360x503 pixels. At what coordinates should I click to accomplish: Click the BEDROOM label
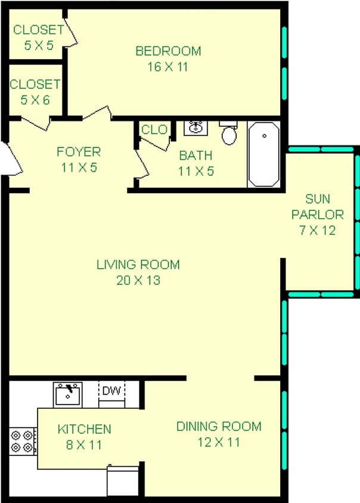click(x=168, y=51)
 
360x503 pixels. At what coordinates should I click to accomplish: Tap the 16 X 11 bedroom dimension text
click(x=168, y=67)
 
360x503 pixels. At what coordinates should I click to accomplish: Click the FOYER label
click(x=79, y=151)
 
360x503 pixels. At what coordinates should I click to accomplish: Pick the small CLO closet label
click(x=154, y=129)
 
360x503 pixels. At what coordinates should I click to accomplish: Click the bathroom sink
click(x=196, y=127)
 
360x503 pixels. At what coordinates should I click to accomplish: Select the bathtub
click(x=263, y=154)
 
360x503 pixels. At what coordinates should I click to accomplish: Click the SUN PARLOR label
click(x=317, y=207)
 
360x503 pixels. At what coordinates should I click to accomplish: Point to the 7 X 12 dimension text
click(x=317, y=229)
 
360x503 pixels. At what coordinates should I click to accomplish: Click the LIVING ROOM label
click(x=138, y=265)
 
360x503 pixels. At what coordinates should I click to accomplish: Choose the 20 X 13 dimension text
click(x=138, y=280)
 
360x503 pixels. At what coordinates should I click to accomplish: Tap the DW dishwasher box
click(x=111, y=391)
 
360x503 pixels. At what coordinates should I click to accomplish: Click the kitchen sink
click(x=67, y=394)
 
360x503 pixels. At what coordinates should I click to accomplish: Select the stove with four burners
click(x=23, y=440)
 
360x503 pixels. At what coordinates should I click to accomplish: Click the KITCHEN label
click(x=84, y=429)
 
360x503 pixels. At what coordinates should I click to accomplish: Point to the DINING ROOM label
click(x=219, y=426)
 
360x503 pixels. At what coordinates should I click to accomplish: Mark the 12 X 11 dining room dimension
click(x=219, y=442)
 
